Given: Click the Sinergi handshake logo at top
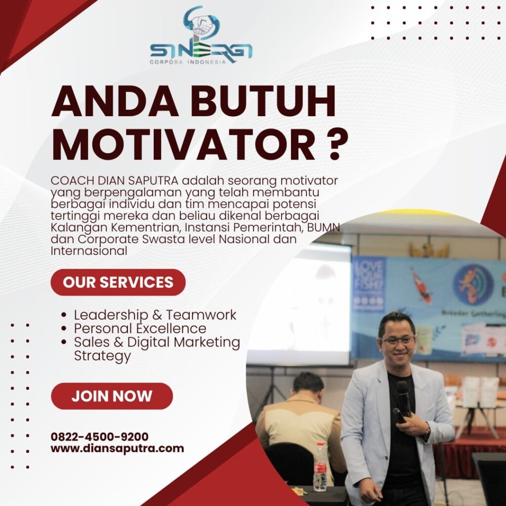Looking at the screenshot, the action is pos(202,35).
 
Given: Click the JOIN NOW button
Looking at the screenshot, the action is pos(112,396).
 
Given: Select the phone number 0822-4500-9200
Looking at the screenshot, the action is pos(99,437).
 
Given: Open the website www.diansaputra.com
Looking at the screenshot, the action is pos(117,449).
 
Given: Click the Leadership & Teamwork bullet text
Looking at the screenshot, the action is pos(155,315).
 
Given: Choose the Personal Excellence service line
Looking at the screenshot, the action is pos(140,329).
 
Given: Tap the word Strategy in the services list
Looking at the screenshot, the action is pos(102,356).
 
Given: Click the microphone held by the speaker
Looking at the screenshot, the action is pos(402,401).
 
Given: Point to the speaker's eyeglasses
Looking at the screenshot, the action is pos(397,341).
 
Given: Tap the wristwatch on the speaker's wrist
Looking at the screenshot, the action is pos(426,431).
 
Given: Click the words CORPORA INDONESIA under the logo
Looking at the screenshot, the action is pos(188,62).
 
